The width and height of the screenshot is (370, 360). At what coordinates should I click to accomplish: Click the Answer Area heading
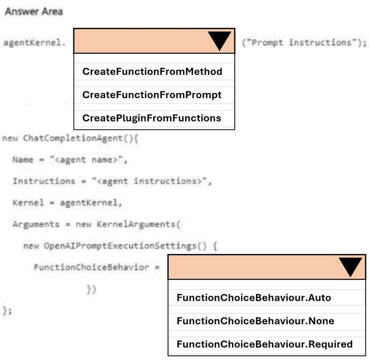[x=34, y=11]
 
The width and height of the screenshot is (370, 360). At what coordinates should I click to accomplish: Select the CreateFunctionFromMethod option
[x=152, y=71]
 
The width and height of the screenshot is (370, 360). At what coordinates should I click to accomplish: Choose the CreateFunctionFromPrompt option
[x=152, y=95]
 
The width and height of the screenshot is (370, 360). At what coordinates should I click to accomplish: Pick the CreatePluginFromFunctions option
[x=152, y=118]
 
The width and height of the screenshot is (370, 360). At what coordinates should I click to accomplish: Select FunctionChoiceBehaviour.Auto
[x=254, y=298]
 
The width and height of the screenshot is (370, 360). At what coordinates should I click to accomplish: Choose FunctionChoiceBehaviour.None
[x=255, y=321]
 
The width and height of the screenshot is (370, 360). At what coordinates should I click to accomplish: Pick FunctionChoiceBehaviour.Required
[x=265, y=344]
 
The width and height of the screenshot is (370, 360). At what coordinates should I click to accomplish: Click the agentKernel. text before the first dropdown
[x=34, y=43]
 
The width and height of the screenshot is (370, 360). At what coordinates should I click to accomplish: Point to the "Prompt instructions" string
[x=302, y=42]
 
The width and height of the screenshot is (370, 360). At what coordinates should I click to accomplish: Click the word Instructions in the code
[x=44, y=181]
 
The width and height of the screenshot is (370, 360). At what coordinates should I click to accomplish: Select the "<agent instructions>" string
[x=150, y=181]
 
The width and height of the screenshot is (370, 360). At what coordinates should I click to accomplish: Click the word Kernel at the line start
[x=28, y=203]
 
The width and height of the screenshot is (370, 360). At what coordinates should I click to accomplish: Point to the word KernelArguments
[x=136, y=224]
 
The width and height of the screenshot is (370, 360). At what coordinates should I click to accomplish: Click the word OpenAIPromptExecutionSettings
[x=121, y=246]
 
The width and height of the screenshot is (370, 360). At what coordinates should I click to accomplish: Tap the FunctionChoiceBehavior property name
[x=91, y=267]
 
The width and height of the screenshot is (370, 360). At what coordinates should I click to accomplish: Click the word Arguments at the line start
[x=36, y=224]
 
